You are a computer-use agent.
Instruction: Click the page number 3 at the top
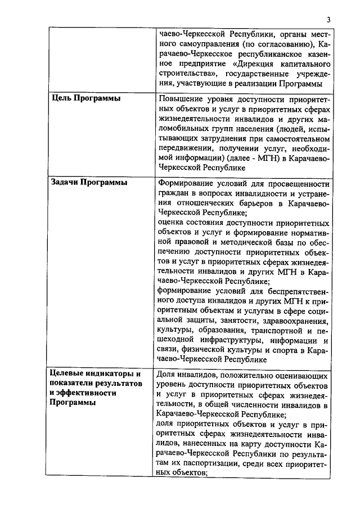click(x=328, y=20)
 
